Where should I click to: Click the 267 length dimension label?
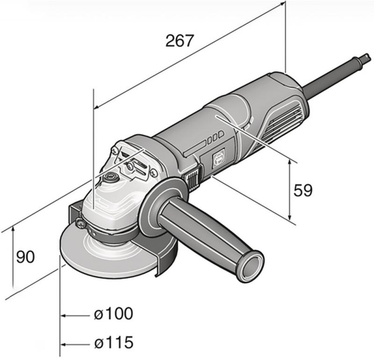(179, 41)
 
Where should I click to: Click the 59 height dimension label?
(302, 190)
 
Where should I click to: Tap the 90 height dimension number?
(26, 257)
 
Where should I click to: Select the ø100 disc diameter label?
(114, 313)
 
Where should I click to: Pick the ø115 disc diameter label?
(114, 342)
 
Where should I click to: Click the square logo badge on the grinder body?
(219, 158)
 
